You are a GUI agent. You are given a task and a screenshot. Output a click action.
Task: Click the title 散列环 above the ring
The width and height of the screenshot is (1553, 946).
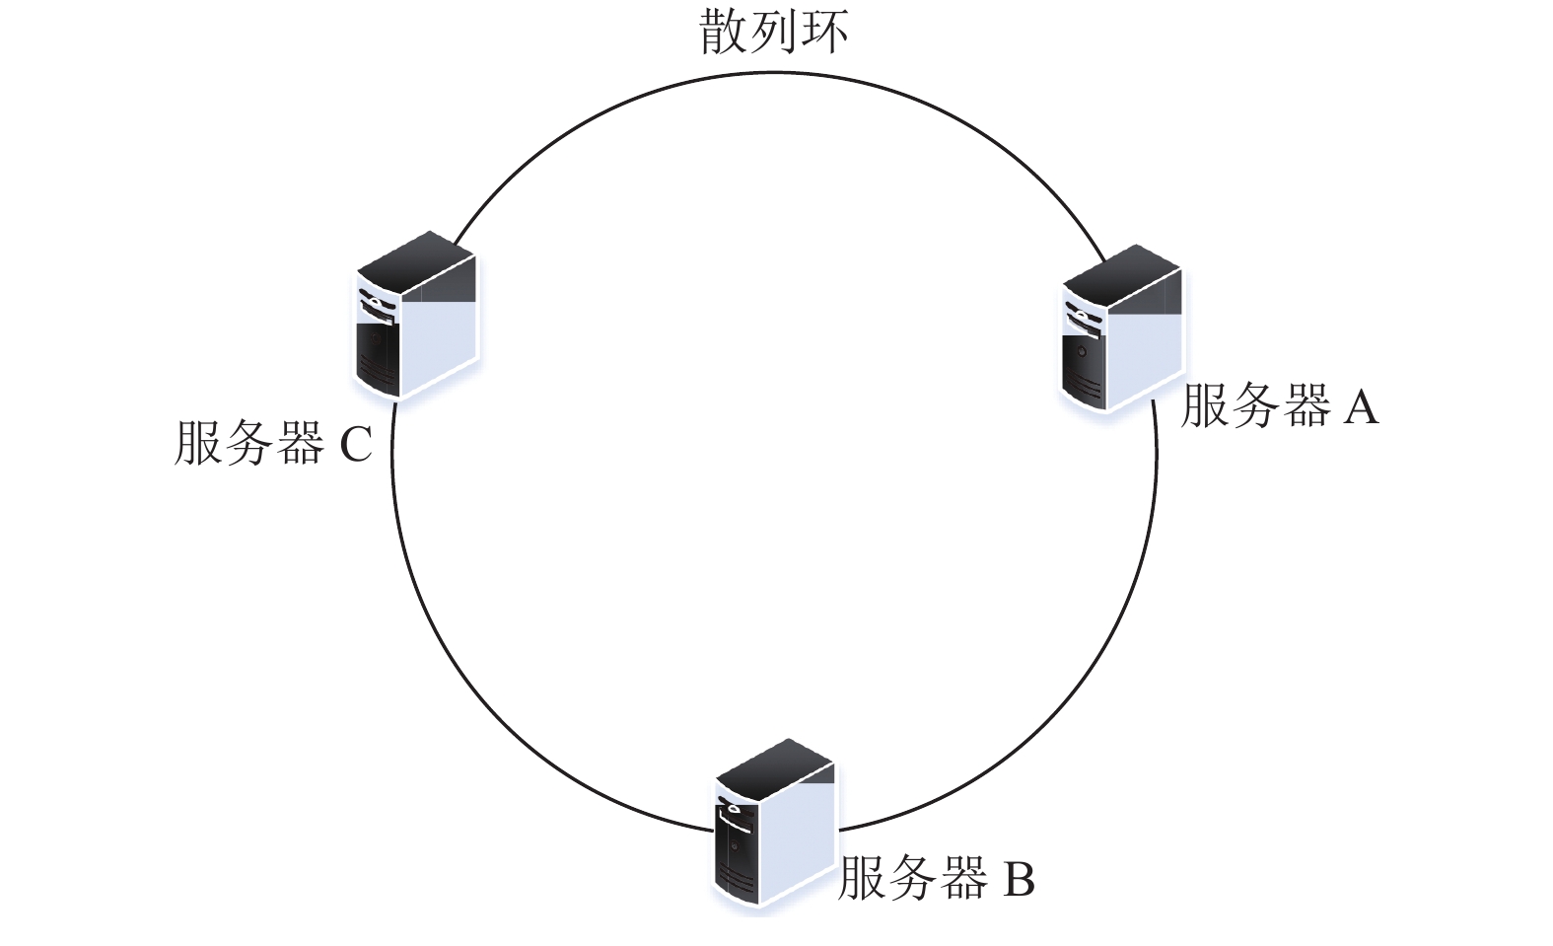774,32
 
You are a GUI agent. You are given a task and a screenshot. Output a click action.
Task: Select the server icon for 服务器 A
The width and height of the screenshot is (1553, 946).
1122,328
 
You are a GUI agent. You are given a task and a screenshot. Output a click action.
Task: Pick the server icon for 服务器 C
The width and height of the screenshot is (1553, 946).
417,315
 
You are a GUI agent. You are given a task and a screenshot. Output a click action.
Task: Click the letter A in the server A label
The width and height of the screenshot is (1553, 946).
1361,406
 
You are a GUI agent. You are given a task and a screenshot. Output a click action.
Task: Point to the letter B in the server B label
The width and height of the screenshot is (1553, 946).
1019,880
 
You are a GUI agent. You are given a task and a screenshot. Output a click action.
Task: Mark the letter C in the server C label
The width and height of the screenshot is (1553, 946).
356,444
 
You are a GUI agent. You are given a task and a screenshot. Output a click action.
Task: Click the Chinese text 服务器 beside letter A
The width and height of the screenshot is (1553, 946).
1256,405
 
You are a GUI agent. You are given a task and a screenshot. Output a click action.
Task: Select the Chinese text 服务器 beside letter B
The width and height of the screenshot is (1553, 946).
914,879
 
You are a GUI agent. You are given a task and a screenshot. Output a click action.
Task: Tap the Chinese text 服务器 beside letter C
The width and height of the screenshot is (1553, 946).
249,443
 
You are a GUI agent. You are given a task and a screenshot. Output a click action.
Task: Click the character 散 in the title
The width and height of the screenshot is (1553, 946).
723,32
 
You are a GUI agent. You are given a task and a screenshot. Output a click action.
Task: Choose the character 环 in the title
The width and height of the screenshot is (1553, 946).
825,32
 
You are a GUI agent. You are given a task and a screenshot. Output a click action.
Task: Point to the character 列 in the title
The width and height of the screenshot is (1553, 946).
774,32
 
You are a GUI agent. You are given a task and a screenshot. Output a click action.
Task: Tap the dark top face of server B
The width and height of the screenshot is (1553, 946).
774,768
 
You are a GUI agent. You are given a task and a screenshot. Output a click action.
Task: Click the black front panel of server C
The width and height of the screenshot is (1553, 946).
378,357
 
